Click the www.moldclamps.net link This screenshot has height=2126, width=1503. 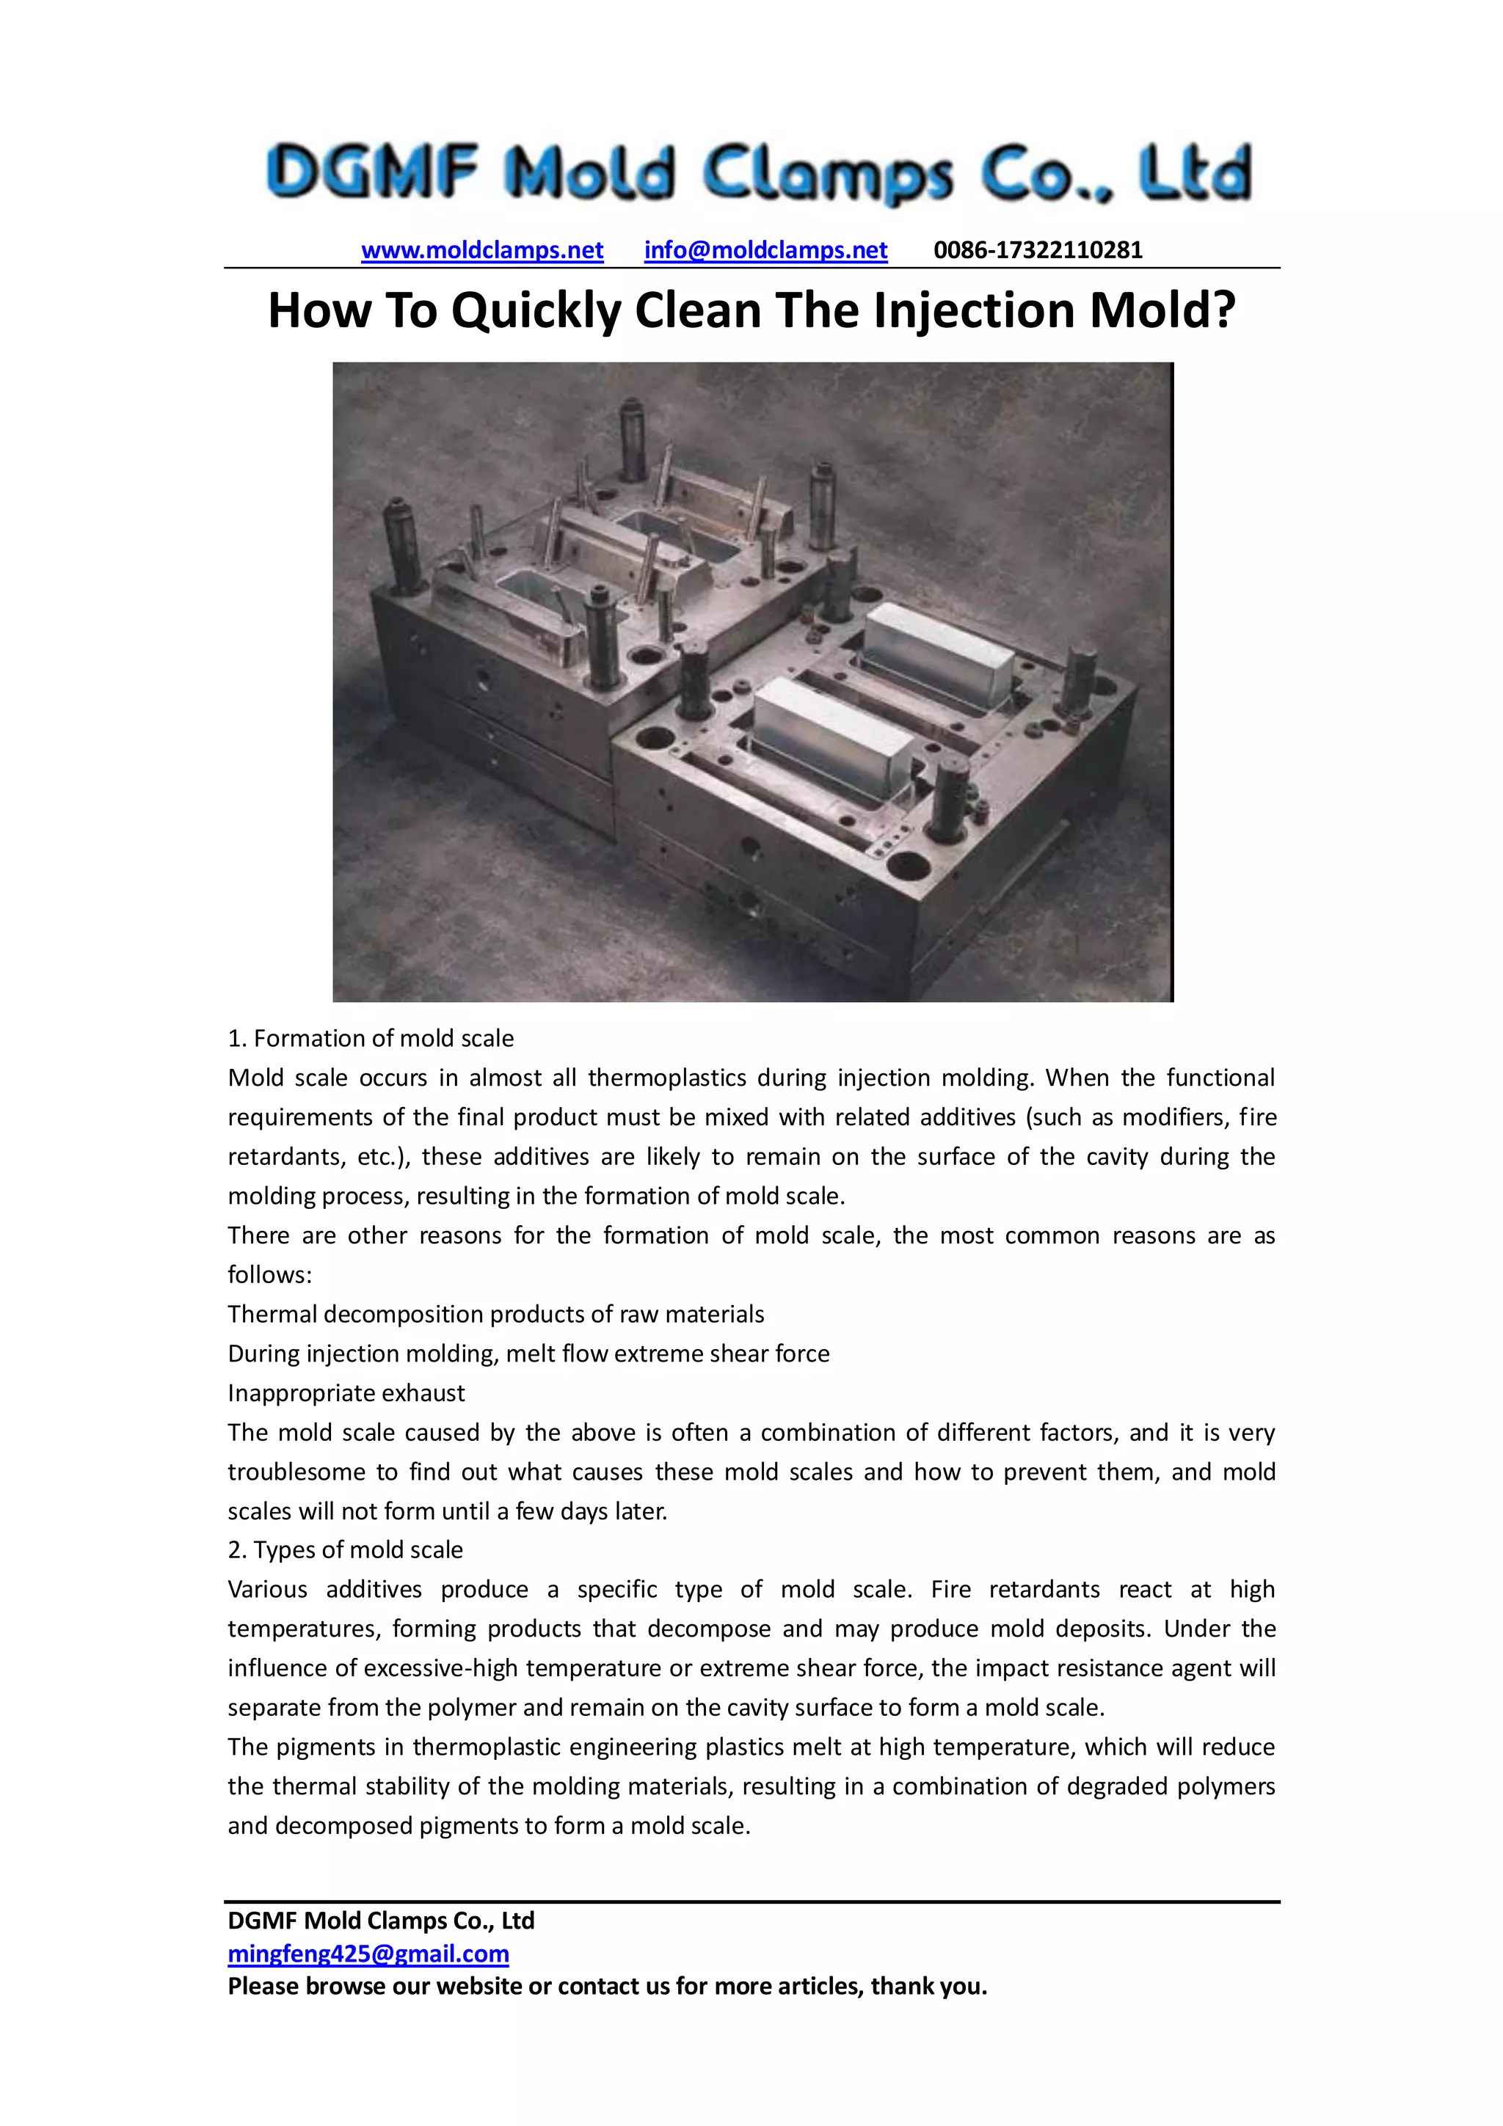(481, 250)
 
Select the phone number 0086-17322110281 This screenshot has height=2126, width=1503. (1037, 250)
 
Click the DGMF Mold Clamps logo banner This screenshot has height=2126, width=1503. (758, 173)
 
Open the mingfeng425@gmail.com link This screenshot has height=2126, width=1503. (368, 1954)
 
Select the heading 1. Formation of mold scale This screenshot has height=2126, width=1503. (371, 1038)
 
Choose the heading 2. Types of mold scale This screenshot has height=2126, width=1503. (346, 1549)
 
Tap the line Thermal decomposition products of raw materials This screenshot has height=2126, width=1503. (495, 1314)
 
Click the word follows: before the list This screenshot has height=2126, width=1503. (269, 1275)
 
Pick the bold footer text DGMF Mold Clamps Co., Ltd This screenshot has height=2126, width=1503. (381, 1921)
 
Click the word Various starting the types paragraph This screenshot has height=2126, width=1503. (268, 1589)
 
